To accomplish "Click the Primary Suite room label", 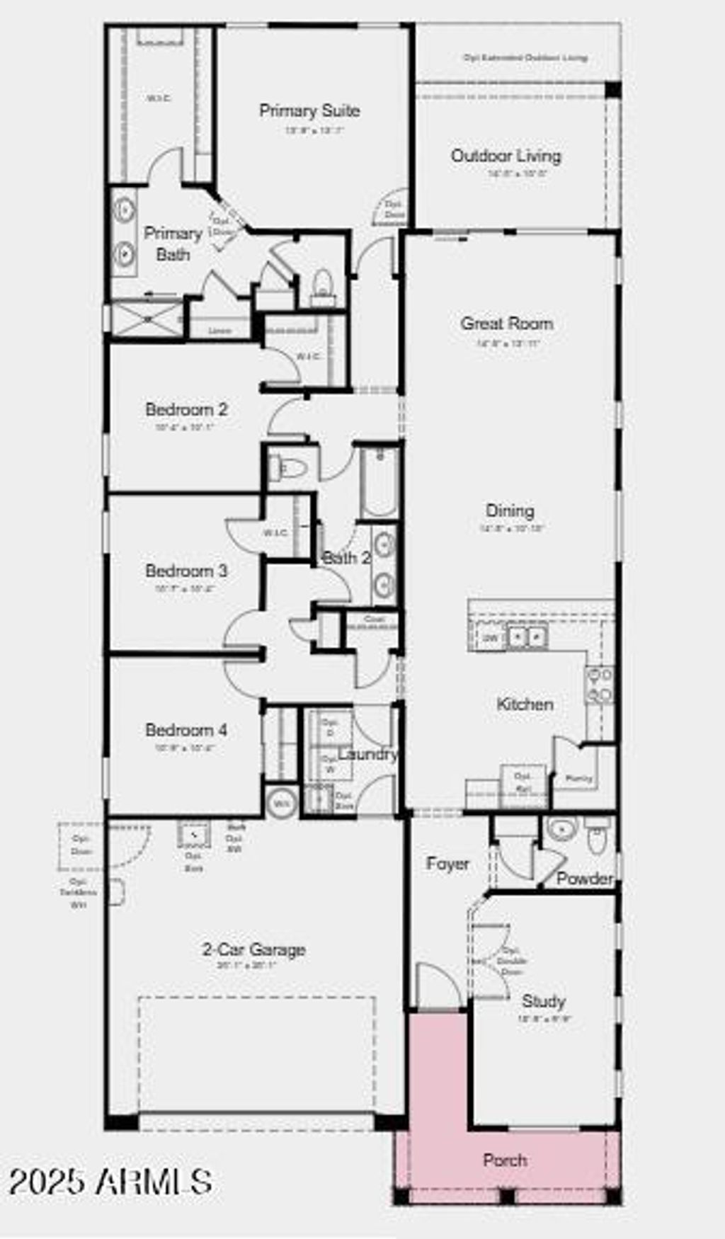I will tap(309, 110).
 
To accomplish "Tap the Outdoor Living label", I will tap(506, 156).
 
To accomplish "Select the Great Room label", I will tap(507, 324).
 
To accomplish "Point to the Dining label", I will tap(510, 510).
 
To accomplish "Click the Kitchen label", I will tap(525, 704).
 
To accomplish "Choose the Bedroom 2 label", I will tap(186, 409).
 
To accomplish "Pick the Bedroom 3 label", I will tap(186, 571).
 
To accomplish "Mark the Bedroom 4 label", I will tap(186, 730).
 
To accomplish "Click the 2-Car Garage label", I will tap(254, 949).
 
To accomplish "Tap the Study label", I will tap(543, 1001).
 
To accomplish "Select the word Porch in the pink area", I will tap(505, 1160).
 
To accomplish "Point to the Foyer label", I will tap(447, 864).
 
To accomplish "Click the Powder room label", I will tap(584, 879).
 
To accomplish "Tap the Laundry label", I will tap(367, 754).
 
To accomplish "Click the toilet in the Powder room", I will tap(598, 836).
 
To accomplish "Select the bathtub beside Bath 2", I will tap(379, 481).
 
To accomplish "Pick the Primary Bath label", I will tap(173, 244).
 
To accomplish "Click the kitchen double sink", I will tap(527, 636).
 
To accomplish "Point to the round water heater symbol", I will tap(282, 803).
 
